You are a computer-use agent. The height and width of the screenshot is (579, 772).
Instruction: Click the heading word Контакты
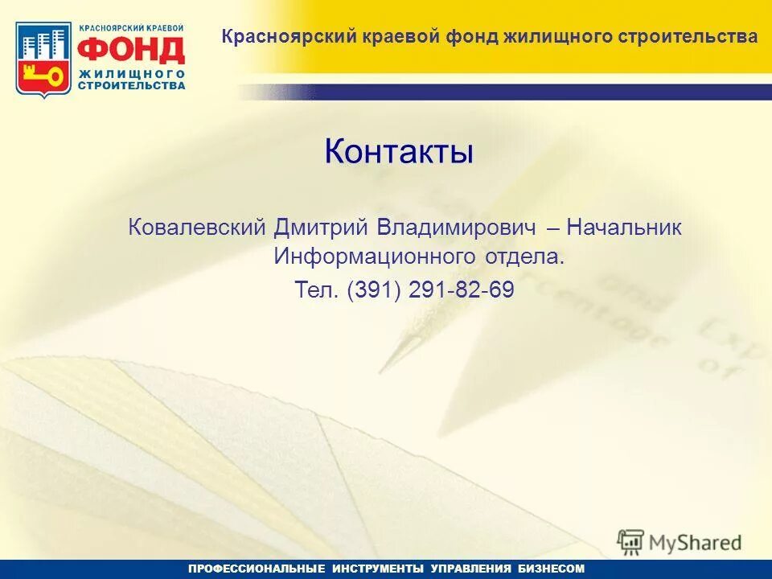(x=399, y=151)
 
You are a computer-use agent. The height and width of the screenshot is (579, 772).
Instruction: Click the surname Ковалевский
(x=196, y=228)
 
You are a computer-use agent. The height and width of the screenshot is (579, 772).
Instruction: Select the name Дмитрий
(x=318, y=228)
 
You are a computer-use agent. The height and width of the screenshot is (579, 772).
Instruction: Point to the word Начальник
(x=624, y=228)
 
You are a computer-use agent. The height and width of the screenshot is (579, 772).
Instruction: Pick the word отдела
(x=524, y=257)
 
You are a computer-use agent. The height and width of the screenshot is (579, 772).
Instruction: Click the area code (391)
(x=374, y=289)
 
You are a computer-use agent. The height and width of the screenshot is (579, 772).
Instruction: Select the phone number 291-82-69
(x=461, y=289)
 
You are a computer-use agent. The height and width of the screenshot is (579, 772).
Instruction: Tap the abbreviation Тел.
(x=319, y=289)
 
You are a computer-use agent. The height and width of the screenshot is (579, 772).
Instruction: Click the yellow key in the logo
(x=45, y=76)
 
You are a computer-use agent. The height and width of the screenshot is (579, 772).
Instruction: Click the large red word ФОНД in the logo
(x=131, y=50)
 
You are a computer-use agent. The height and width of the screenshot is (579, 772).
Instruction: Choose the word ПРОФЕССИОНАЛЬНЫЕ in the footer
(x=257, y=569)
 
